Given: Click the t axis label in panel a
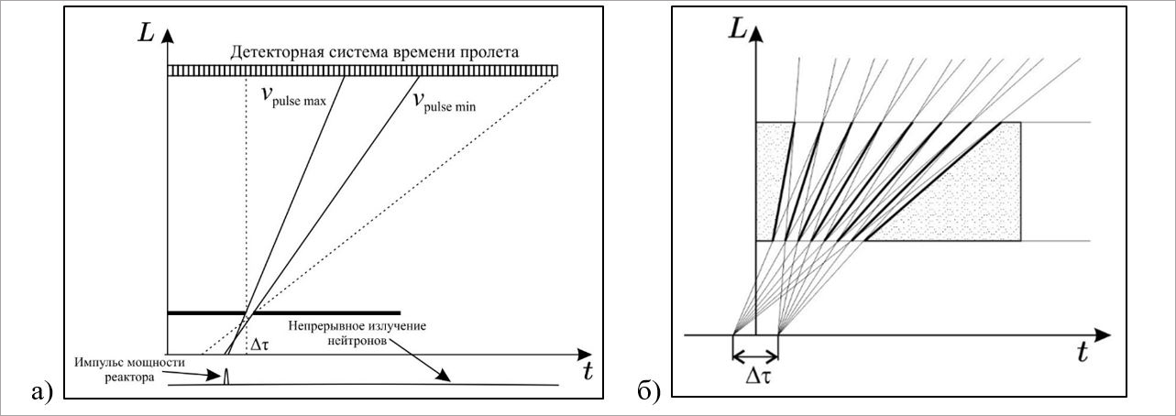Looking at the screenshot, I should pyautogui.click(x=587, y=370).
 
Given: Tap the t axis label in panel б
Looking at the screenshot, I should pyautogui.click(x=1082, y=353).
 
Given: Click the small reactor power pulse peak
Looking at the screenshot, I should pyautogui.click(x=225, y=375).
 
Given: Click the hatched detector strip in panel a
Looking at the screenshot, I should pyautogui.click(x=362, y=71).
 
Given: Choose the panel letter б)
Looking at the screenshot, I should pyautogui.click(x=648, y=392).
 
